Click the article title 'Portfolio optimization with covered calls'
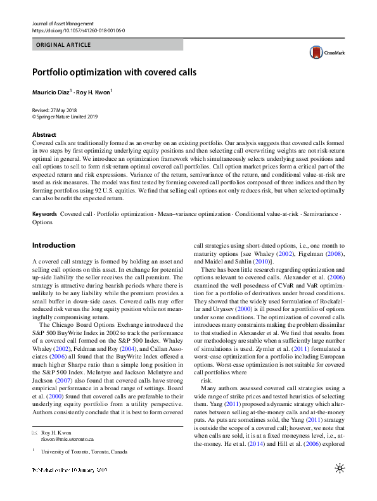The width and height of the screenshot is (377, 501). point(115,72)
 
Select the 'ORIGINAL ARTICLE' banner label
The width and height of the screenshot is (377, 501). point(64,45)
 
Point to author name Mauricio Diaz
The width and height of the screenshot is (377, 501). point(51,92)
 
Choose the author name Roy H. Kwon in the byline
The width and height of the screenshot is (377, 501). point(94,92)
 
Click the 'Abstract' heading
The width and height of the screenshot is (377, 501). point(43,135)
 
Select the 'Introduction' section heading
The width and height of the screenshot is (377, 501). point(53,245)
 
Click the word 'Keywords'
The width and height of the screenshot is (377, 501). point(44,215)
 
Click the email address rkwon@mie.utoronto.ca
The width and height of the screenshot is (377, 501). point(67,456)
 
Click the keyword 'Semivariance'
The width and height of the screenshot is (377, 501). point(323,215)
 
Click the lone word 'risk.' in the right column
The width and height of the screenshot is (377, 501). point(207,381)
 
